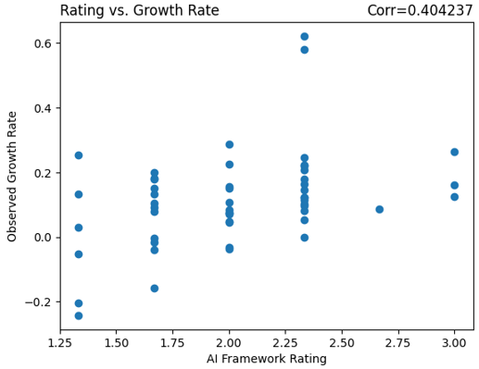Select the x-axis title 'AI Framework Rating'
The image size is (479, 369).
point(267,359)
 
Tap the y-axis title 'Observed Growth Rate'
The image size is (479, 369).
point(12,177)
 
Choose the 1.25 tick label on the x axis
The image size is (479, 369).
point(60,343)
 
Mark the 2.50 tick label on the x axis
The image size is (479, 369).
point(342,343)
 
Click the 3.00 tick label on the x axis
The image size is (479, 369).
point(454,343)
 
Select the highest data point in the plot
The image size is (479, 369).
point(304,37)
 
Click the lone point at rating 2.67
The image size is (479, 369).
point(379,210)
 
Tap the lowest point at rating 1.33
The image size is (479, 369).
point(79,316)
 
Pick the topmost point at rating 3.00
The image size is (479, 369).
point(454,153)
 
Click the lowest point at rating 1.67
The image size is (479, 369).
point(155,289)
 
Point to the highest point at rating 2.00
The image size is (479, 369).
point(230,145)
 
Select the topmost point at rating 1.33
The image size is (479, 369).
point(79,155)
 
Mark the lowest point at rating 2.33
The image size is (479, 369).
point(304,238)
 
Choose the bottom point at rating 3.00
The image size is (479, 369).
point(454,197)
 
